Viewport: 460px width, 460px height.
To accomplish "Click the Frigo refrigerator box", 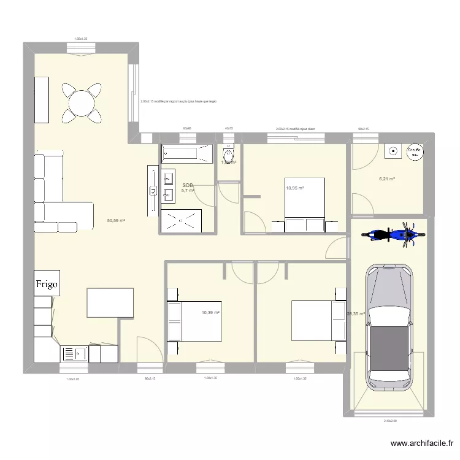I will tap(47, 284).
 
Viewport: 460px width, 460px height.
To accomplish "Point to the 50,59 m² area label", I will tap(116, 221).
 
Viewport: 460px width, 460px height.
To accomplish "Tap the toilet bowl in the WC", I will tap(229, 158).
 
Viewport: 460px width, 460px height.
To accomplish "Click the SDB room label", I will tap(187, 185).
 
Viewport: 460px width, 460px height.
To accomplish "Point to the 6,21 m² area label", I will tap(386, 179).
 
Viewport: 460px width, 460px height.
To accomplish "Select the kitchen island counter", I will tap(110, 304).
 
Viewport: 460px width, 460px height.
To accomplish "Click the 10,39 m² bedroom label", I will tap(210, 313).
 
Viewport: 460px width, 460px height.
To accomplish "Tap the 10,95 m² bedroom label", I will tap(294, 188).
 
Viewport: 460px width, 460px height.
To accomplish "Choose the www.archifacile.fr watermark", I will tap(423, 444).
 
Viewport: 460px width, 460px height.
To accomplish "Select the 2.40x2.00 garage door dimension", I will tap(389, 421).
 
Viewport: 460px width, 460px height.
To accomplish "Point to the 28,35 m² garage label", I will tap(356, 314).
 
